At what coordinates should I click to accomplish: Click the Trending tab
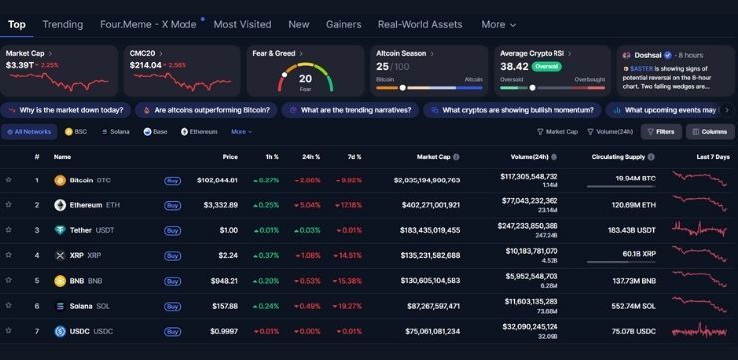coord(63,24)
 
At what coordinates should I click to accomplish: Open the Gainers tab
coord(344,24)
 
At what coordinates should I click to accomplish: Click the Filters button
coord(660,131)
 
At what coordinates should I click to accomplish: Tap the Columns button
coord(709,131)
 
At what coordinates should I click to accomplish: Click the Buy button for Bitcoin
coord(172,180)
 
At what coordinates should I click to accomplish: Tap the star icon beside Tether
coord(9,230)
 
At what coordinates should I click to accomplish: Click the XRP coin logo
coord(60,255)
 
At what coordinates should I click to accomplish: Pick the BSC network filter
coord(76,131)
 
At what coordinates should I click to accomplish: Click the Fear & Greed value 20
coord(305,77)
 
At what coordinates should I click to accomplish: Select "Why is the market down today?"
coord(66,110)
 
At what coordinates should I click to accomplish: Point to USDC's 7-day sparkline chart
coord(702,331)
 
